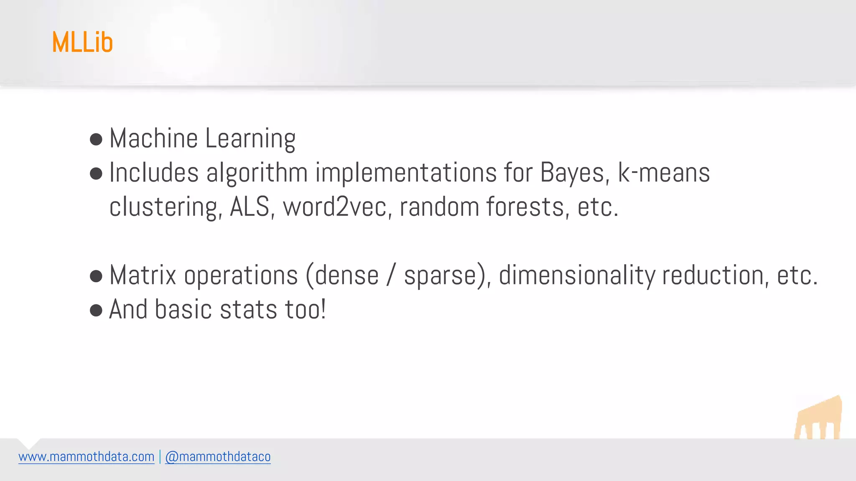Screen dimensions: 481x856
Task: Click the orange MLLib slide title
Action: point(82,42)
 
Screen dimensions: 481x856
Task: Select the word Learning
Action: point(250,139)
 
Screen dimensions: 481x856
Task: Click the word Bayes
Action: point(572,173)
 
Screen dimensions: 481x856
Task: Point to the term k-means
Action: point(664,173)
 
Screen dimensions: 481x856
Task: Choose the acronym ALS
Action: point(250,207)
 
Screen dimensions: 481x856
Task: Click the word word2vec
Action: point(335,207)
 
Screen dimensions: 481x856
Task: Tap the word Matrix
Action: point(143,276)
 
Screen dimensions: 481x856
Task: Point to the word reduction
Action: point(713,276)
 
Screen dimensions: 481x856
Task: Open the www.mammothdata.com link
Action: point(87,457)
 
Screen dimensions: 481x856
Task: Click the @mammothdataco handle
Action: point(218,457)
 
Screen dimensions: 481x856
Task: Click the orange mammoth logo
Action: point(818,418)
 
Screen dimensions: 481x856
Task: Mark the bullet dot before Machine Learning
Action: point(96,139)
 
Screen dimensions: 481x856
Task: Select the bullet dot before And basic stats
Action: point(96,310)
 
